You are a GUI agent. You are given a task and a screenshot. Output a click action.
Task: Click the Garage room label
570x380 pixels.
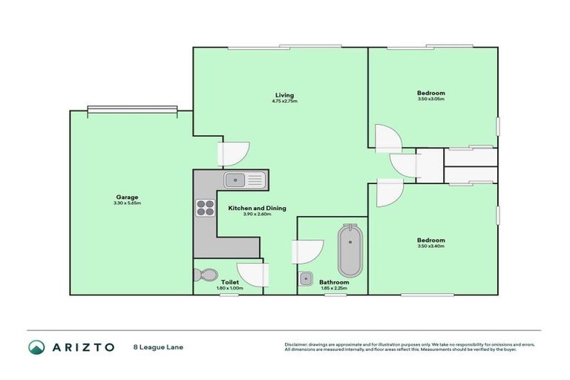pos(127,197)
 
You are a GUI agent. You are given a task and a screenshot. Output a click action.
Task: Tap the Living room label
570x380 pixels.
pos(284,95)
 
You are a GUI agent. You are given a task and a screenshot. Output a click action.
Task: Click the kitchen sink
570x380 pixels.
pos(243,179)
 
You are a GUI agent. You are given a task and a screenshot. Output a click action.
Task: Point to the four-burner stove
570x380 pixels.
pos(204,208)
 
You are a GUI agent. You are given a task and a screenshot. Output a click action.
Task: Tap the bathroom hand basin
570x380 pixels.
pos(306,279)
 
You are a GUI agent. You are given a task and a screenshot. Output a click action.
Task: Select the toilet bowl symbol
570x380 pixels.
pos(203,275)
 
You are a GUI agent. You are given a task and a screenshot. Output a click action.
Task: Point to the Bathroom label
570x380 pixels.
pos(334,282)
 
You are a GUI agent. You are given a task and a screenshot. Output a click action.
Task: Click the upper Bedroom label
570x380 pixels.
pos(430,93)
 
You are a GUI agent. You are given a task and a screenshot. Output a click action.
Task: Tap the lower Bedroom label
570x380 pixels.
pos(430,240)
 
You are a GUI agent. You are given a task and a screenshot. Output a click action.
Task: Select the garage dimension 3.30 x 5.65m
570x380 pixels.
pos(127,203)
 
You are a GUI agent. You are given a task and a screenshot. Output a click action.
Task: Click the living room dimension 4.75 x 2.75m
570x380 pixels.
pos(284,101)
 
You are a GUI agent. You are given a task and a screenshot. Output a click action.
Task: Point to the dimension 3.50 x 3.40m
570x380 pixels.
pos(430,246)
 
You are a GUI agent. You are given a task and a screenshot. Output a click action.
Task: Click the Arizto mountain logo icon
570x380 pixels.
pos(36,347)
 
